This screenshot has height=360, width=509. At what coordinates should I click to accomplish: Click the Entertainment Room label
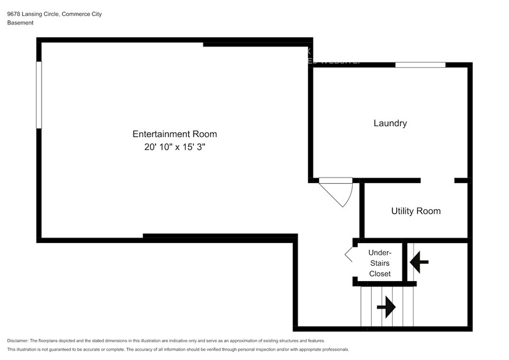[x=175, y=134]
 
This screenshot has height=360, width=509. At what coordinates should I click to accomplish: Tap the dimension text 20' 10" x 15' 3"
[x=175, y=148]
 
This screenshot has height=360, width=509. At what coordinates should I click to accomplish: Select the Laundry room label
[x=390, y=123]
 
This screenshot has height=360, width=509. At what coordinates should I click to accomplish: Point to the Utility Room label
[x=416, y=211]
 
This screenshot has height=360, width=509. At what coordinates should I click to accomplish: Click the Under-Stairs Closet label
[x=380, y=263]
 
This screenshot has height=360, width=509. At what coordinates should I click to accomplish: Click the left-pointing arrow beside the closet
[x=419, y=263]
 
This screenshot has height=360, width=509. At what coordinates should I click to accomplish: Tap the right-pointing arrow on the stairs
[x=386, y=307]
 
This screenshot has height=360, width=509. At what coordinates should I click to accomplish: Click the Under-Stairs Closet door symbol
[x=349, y=255]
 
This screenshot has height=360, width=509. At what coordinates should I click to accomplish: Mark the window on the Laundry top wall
[x=420, y=64]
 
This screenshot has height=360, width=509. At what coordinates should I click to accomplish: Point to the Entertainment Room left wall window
[x=39, y=95]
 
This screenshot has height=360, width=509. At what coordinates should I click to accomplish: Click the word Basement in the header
[x=20, y=23]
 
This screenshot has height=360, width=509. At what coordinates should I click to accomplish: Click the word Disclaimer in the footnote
[x=18, y=340]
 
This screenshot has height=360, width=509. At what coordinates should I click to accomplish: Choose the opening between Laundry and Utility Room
[x=437, y=181]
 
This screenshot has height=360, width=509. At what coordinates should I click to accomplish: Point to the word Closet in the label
[x=380, y=274]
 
